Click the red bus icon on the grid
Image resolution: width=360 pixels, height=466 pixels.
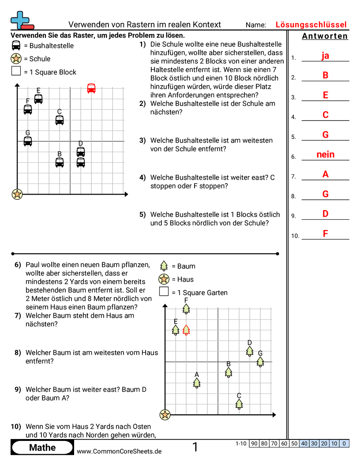click(91, 88)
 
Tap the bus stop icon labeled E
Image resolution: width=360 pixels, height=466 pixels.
click(38, 99)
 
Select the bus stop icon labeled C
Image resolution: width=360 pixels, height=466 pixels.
click(60, 120)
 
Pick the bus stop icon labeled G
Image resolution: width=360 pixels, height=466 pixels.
click(28, 141)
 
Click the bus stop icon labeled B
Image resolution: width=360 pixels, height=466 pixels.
click(60, 162)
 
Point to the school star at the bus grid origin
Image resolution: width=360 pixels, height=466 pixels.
click(17, 194)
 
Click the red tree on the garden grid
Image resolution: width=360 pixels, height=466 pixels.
click(186, 330)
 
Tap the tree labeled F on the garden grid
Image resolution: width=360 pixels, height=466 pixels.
click(186, 308)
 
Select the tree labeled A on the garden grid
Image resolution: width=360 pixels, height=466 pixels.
click(197, 383)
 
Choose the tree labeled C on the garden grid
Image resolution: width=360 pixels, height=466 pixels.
click(239, 403)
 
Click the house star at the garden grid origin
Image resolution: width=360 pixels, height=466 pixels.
click(165, 414)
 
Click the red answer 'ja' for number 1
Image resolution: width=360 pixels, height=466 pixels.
click(325, 56)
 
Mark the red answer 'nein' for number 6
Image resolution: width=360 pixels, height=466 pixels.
click(325, 154)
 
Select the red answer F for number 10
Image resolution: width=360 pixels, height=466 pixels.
click(325, 234)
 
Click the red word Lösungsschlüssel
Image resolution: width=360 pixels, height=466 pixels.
click(311, 25)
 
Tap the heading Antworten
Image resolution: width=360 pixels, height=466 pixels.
click(325, 36)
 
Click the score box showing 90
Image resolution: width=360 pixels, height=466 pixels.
click(254, 443)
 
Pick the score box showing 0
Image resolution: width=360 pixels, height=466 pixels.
click(344, 443)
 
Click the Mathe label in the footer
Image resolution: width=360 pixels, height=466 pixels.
click(42, 448)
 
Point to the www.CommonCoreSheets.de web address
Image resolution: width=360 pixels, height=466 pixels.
click(119, 451)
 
